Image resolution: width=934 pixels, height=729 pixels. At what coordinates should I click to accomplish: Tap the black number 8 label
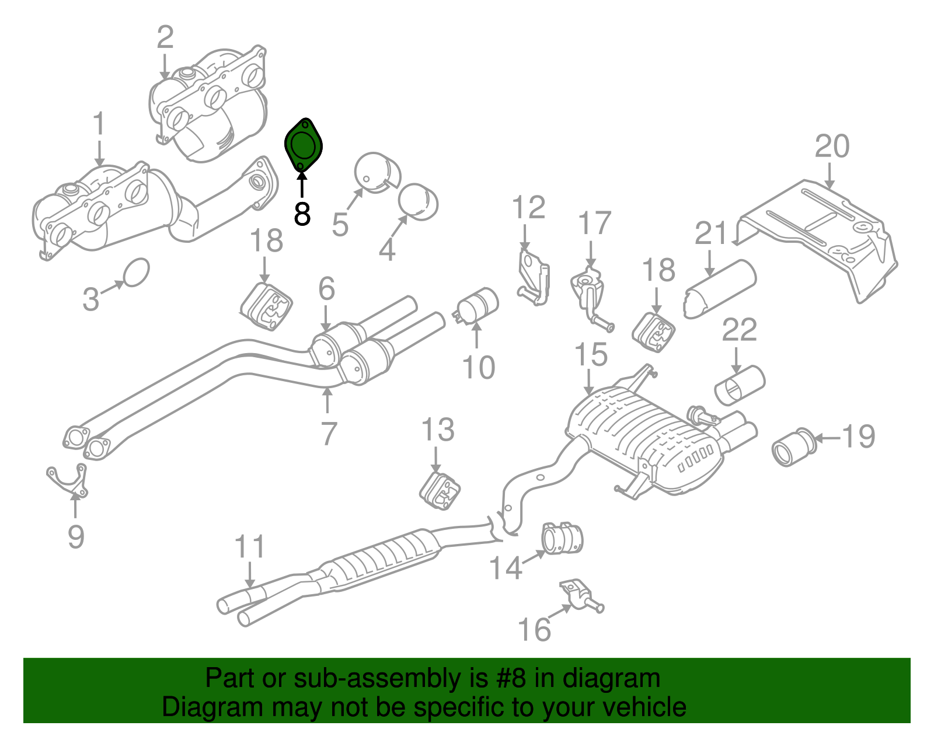click(302, 215)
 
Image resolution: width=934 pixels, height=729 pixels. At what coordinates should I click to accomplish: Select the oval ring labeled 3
click(137, 273)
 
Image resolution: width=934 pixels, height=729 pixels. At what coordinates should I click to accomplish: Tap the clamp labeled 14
click(563, 538)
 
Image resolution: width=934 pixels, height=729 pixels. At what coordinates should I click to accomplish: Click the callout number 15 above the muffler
click(591, 355)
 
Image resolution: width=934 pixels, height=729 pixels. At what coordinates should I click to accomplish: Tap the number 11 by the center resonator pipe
click(249, 547)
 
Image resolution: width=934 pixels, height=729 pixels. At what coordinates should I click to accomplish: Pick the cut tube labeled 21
click(719, 289)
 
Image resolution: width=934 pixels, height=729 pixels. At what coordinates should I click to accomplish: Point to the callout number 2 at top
click(165, 37)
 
